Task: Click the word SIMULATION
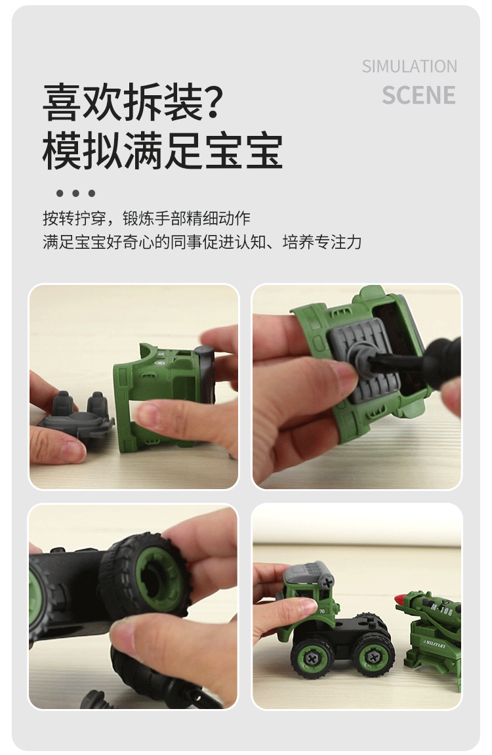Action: click(x=409, y=66)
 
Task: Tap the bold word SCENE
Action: click(x=419, y=95)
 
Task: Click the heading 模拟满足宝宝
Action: click(x=163, y=151)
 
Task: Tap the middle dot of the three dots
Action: click(x=75, y=193)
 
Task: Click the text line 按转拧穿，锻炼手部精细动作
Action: click(x=146, y=218)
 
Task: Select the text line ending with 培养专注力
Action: click(x=202, y=242)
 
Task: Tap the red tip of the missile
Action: click(x=399, y=599)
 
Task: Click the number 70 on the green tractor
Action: click(x=321, y=611)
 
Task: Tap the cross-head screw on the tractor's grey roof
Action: click(x=326, y=580)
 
